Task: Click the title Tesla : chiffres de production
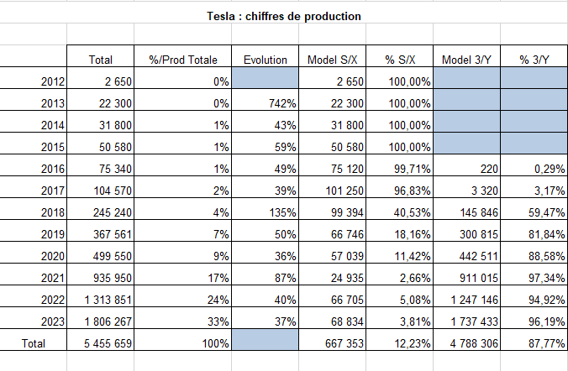point(284,16)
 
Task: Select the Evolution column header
point(266,60)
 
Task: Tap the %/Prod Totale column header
point(183,60)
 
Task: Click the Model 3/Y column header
point(466,60)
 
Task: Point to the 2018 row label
point(53,212)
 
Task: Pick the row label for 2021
point(53,278)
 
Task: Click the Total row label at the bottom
point(34,343)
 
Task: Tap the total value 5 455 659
point(108,343)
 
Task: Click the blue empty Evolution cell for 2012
point(266,78)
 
